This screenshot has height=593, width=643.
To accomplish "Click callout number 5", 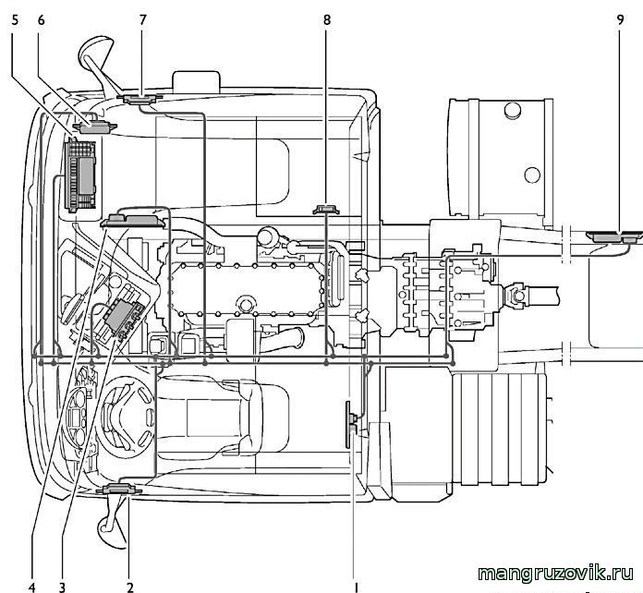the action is pos(15,20).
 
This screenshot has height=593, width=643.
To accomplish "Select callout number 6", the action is pos(41,20).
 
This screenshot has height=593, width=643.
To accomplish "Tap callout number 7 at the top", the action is pos(142,20).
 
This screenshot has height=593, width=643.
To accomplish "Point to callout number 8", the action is pos(326,20).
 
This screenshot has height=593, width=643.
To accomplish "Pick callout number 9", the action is pos(620,20).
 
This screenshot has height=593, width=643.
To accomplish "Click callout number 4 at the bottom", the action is pos(32,587).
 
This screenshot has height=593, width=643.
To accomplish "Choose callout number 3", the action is pos(62,587).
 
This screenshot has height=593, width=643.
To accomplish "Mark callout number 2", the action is pos(130,587).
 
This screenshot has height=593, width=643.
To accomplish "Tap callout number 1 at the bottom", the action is pos(357,587).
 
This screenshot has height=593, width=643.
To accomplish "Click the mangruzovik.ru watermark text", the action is pos(555,573).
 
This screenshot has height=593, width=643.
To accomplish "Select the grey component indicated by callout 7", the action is pos(140,99).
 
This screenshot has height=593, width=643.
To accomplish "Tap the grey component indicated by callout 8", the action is pos(326,209).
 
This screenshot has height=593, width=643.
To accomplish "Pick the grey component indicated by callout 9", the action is pos(614,237).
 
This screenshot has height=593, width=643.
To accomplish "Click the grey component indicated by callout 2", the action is pos(119,490).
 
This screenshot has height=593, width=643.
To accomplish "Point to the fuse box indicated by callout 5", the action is pos(80,175).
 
